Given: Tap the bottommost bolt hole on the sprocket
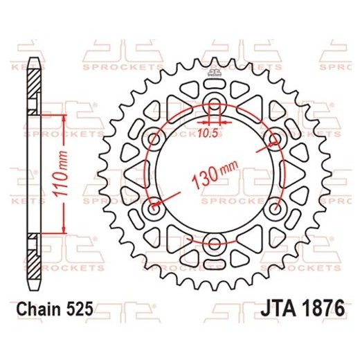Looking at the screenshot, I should (x=215, y=243).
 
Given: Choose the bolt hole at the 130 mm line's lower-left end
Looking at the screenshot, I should (x=152, y=208).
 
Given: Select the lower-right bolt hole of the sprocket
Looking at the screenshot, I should (x=278, y=208).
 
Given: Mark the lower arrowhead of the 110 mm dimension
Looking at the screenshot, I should (x=63, y=229).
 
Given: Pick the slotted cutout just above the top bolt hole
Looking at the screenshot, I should (x=215, y=93).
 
